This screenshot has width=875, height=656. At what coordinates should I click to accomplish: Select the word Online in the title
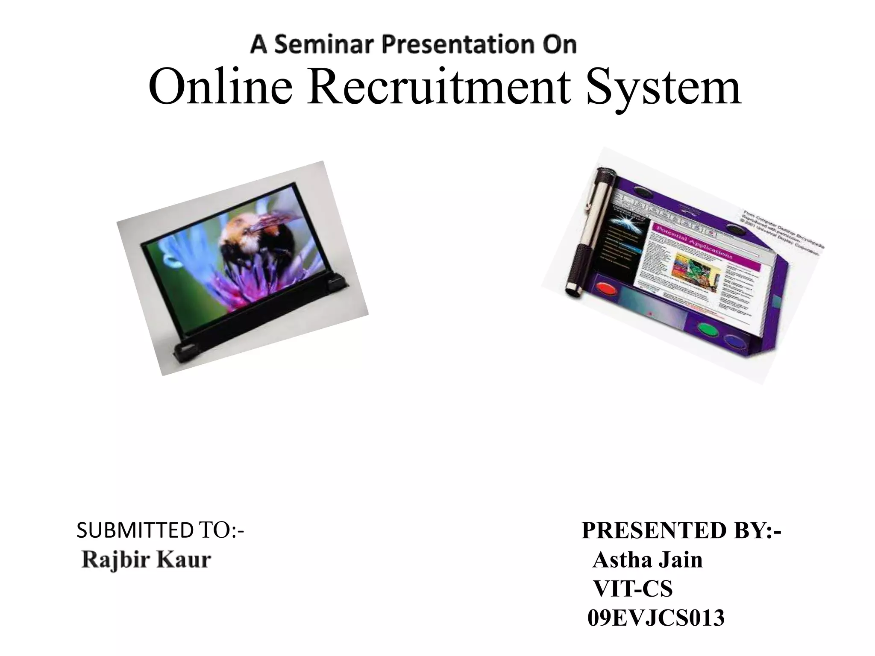point(220,88)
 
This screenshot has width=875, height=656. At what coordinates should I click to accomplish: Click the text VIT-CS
point(633,589)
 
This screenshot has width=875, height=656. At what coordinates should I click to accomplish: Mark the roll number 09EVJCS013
point(656,618)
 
